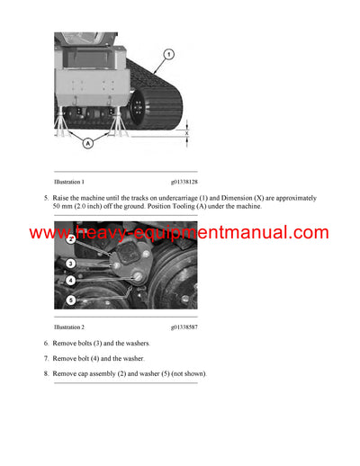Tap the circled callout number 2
(x=70, y=240)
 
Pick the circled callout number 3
(x=70, y=262)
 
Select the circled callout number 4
(x=70, y=281)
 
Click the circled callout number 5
(x=70, y=300)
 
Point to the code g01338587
(x=184, y=327)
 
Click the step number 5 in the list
(x=45, y=197)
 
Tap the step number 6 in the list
(x=45, y=345)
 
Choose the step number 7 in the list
(x=45, y=359)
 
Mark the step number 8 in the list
(x=45, y=373)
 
